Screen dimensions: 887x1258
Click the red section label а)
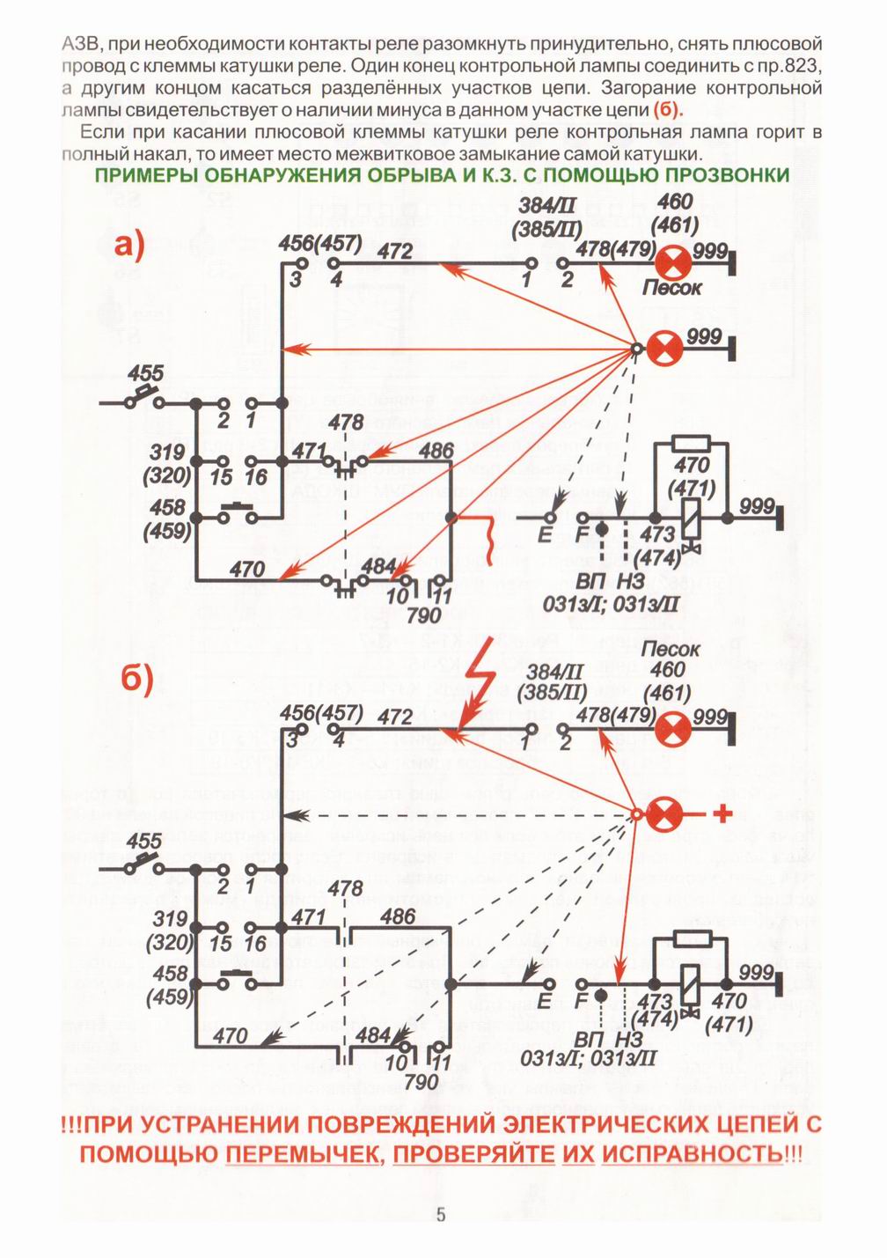tap(129, 247)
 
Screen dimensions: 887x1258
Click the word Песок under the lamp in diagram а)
tap(671, 289)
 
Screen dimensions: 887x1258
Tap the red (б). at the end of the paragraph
tap(669, 111)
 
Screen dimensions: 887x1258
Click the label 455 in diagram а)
tap(146, 373)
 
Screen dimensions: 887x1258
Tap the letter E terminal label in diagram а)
tap(545, 534)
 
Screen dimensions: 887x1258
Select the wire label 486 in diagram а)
tap(436, 451)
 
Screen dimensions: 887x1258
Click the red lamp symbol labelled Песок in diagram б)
tap(673, 730)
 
